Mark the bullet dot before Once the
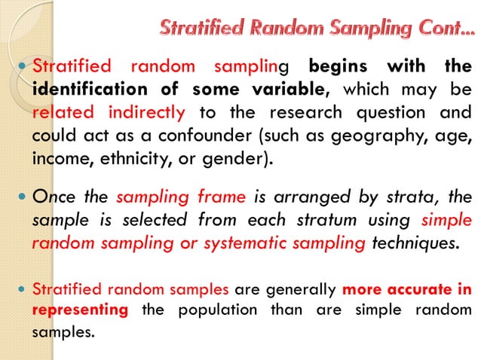[22, 198]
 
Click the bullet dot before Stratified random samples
[22, 289]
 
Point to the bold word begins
[339, 66]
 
